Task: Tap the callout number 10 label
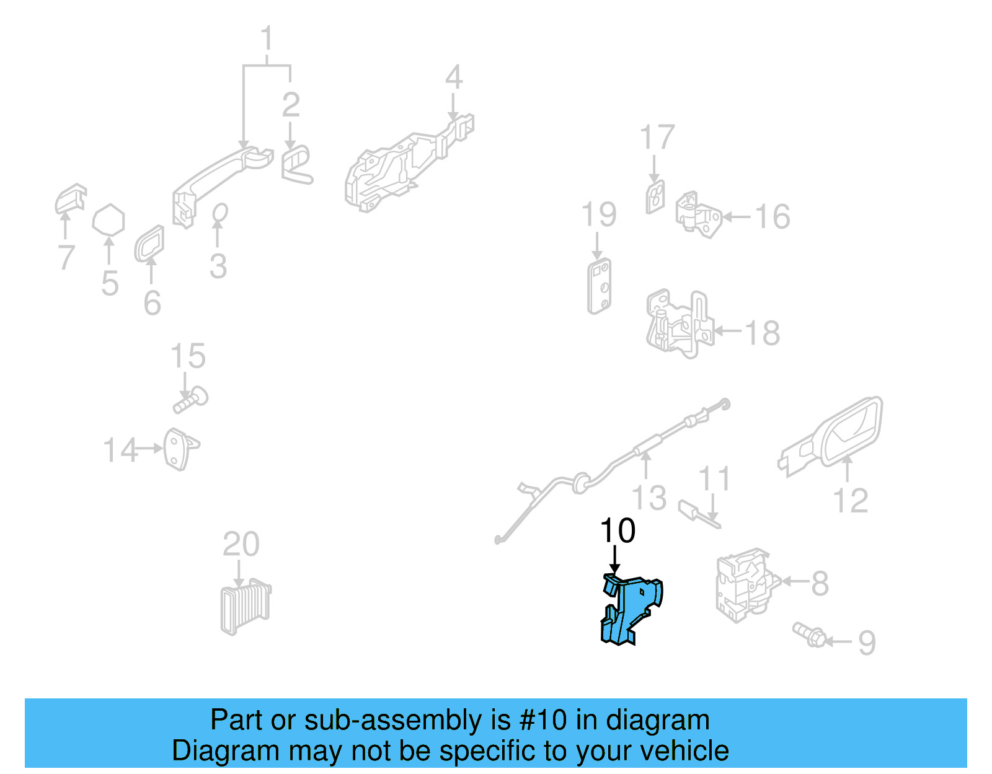[618, 531]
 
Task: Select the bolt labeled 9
[810, 635]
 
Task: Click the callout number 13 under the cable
[649, 498]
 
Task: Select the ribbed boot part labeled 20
[246, 607]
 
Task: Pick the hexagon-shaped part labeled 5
[108, 221]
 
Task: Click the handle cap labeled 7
[70, 199]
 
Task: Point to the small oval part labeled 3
[219, 213]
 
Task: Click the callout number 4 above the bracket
[454, 77]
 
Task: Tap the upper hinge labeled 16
[698, 214]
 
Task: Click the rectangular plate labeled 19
[600, 286]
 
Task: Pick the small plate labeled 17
[655, 197]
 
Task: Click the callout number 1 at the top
[267, 38]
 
